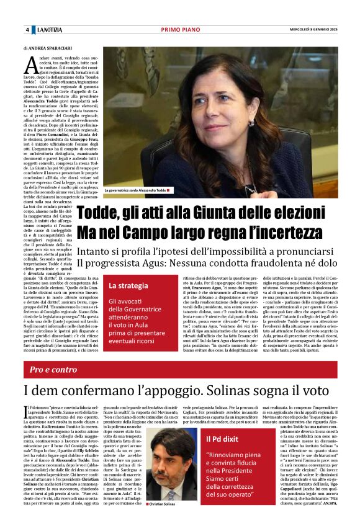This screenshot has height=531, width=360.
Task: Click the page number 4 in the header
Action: [x=27, y=30]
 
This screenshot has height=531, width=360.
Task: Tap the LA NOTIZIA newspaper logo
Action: [x=50, y=30]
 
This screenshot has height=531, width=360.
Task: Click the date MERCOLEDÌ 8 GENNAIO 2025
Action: [x=313, y=30]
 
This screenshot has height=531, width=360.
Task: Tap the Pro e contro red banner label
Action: [x=53, y=369]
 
